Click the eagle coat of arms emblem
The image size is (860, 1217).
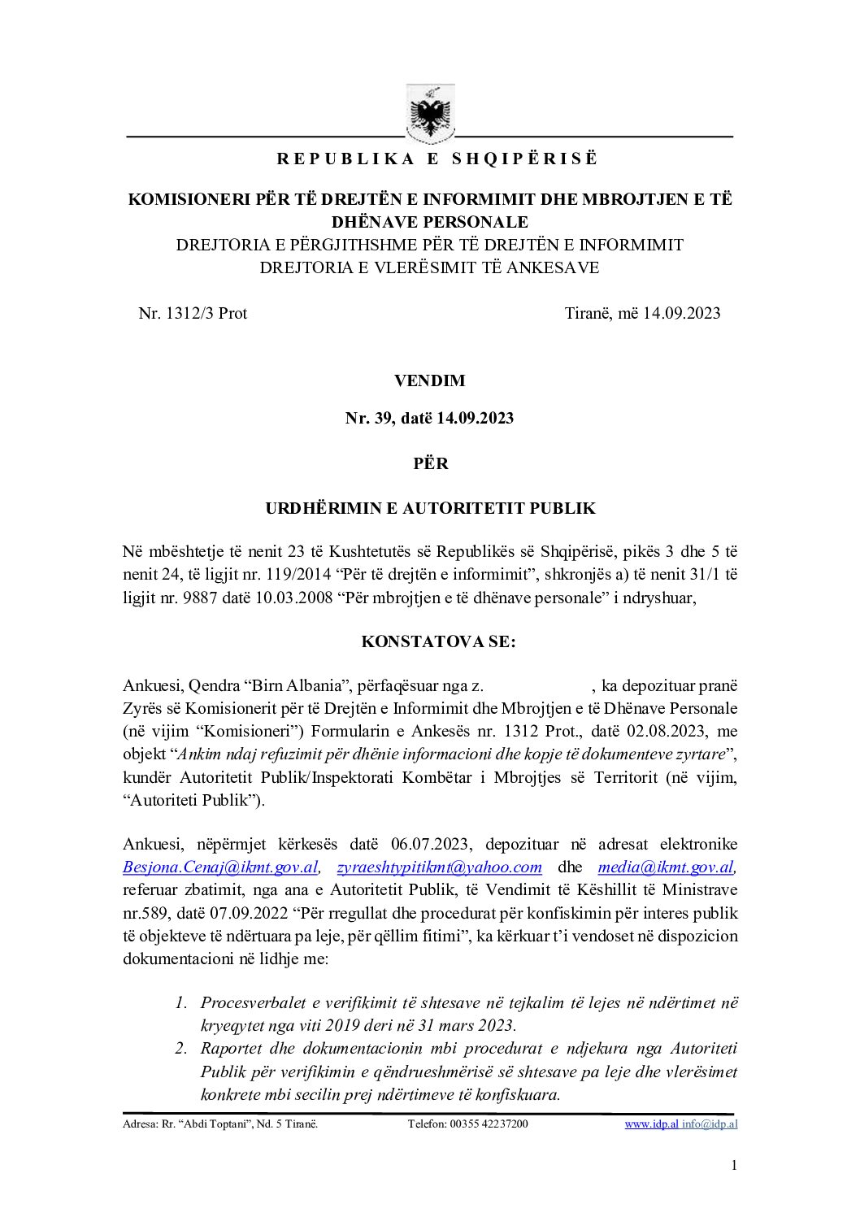click(x=430, y=115)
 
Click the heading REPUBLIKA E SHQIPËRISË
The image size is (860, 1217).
click(x=437, y=159)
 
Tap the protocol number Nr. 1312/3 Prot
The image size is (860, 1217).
click(x=193, y=314)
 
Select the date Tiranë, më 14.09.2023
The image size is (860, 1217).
click(x=642, y=314)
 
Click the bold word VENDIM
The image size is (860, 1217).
click(x=429, y=380)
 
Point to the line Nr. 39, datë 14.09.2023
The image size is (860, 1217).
click(x=429, y=418)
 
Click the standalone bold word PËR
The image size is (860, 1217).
click(x=430, y=463)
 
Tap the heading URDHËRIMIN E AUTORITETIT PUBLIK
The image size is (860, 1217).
click(x=430, y=509)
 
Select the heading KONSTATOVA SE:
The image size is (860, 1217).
click(x=438, y=641)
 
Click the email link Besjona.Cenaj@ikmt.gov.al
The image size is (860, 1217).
click(x=220, y=867)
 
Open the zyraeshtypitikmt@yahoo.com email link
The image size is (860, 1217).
click(x=439, y=867)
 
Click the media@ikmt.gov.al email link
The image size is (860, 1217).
click(x=666, y=867)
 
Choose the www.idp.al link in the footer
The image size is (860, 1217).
click(x=651, y=1124)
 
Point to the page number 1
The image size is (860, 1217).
click(x=734, y=1166)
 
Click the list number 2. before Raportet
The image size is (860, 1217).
click(x=181, y=1049)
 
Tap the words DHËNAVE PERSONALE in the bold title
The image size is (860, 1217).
click(x=429, y=222)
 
